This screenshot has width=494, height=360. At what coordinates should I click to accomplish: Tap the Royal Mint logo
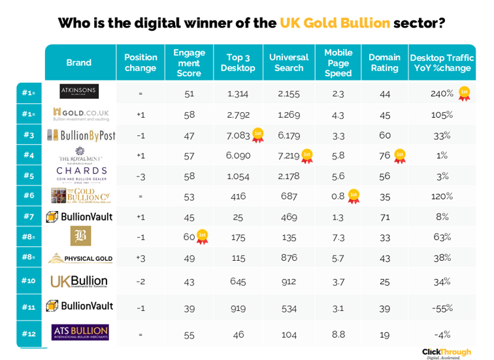pos(79,155)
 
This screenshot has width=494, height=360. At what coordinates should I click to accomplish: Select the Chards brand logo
pos(79,175)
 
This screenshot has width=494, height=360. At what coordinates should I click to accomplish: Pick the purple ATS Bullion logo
pos(80,333)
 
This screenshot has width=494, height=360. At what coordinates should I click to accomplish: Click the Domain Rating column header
pos(384,63)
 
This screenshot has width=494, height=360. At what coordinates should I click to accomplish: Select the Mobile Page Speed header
pos(338,63)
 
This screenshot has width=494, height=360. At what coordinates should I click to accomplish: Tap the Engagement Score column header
pos(189,63)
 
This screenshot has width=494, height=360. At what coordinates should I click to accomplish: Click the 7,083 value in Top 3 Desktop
pos(236,135)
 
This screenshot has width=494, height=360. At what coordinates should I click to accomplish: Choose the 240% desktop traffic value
pos(442,93)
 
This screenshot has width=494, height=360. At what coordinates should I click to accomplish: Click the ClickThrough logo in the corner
pos(446,352)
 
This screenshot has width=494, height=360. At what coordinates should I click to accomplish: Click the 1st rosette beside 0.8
pos(354,196)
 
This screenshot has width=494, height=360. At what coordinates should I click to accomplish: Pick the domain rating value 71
pos(384,216)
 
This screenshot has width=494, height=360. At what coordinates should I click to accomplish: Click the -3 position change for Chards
pos(140,176)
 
